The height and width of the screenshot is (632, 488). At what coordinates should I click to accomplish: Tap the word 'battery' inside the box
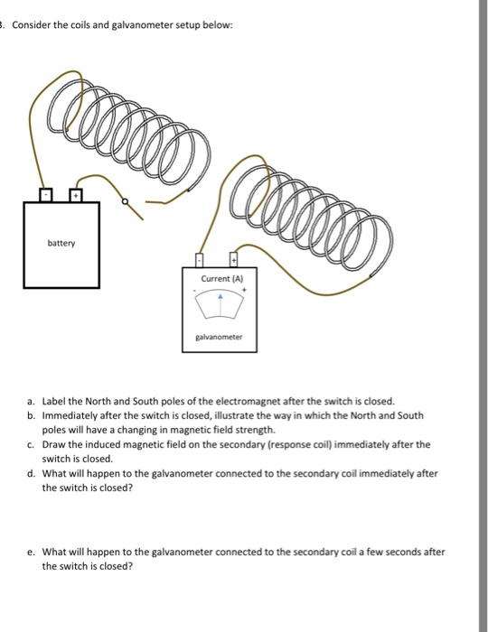coord(61,244)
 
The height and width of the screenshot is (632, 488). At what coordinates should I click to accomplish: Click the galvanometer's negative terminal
coord(203,261)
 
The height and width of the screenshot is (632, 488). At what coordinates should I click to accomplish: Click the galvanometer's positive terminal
coord(237,261)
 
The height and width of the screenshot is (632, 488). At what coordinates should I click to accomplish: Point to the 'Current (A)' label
coord(221,281)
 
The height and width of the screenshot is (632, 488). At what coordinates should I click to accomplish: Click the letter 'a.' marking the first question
coord(32,400)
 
